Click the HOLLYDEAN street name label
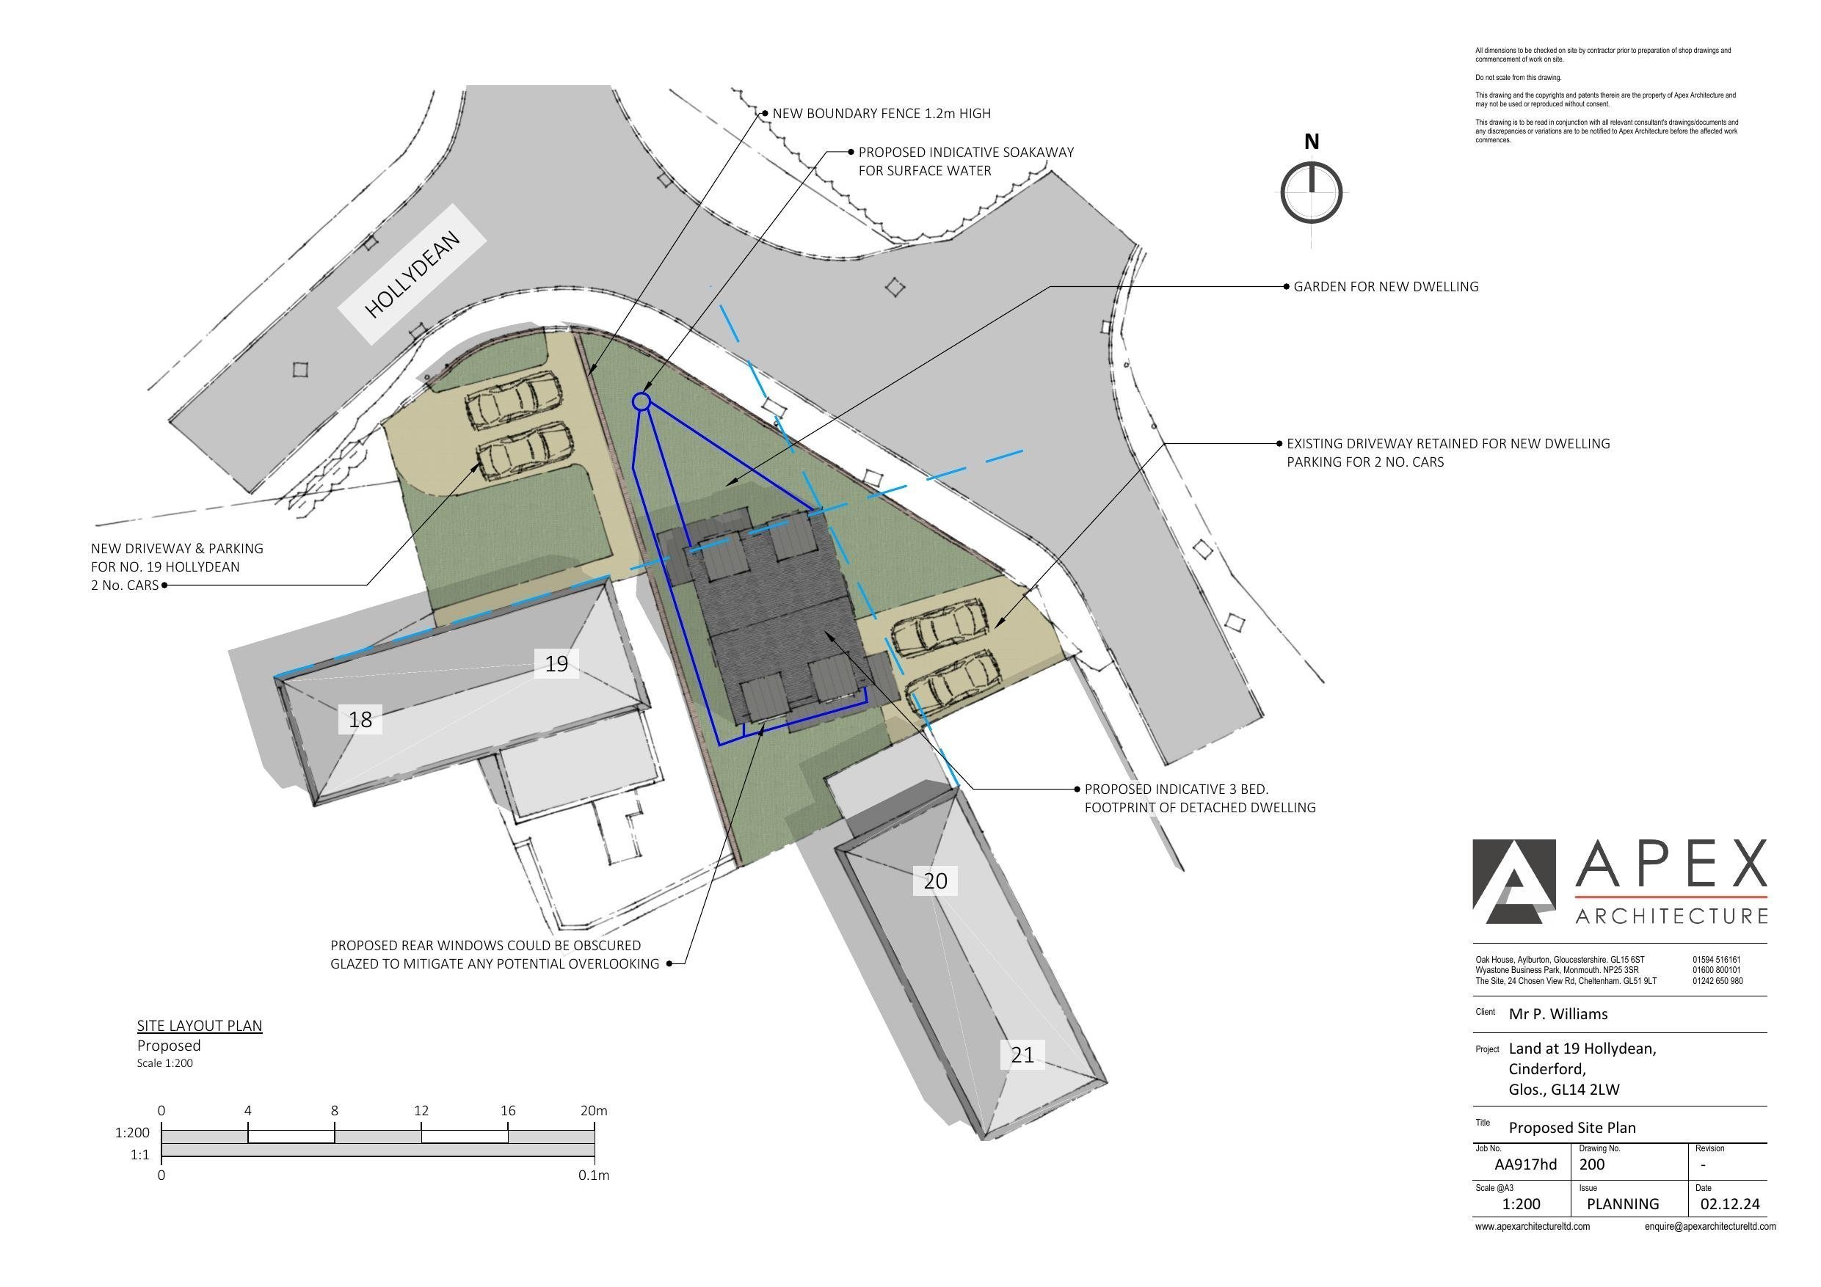click(412, 274)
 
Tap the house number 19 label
click(556, 664)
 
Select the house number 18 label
click(360, 719)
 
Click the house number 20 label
click(935, 881)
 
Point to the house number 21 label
click(1022, 1054)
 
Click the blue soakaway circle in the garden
click(641, 402)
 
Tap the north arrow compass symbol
click(1311, 192)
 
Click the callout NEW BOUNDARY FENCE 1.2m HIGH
click(882, 114)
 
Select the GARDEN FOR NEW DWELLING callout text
click(1386, 286)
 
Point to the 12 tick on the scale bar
click(421, 1111)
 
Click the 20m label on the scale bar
click(593, 1111)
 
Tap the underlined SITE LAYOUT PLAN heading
click(199, 1025)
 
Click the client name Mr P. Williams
click(1558, 1013)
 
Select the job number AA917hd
click(1525, 1164)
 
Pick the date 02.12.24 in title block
click(1730, 1204)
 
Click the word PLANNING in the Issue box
click(1623, 1204)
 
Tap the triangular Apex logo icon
click(1513, 882)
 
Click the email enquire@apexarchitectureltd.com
click(1710, 1226)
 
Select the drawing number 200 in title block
click(1591, 1164)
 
